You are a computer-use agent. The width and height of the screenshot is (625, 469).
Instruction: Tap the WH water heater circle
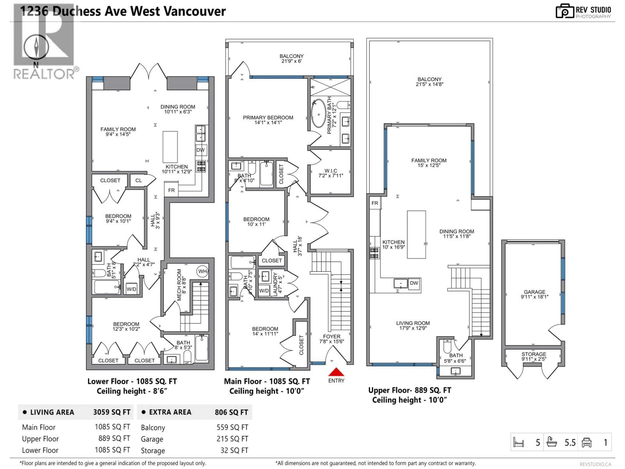202,271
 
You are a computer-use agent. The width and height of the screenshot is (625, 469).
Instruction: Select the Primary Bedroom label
268,120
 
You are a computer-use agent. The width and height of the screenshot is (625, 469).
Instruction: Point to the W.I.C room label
331,173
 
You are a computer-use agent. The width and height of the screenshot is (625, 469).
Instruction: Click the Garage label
534,294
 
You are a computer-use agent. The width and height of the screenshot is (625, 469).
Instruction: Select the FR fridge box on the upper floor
375,203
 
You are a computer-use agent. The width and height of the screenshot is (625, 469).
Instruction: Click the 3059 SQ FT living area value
112,412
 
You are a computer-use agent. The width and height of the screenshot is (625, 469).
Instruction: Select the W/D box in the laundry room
264,291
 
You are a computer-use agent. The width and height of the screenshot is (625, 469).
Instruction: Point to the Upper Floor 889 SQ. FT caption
409,390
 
